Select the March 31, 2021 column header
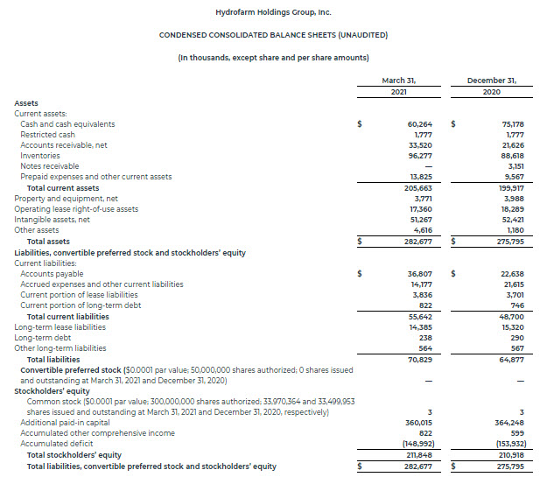pos(398,86)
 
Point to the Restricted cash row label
pos(47,135)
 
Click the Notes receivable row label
pos(50,166)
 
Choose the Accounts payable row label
pos(51,274)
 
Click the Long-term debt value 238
pos(426,338)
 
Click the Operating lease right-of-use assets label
pos(76,209)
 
